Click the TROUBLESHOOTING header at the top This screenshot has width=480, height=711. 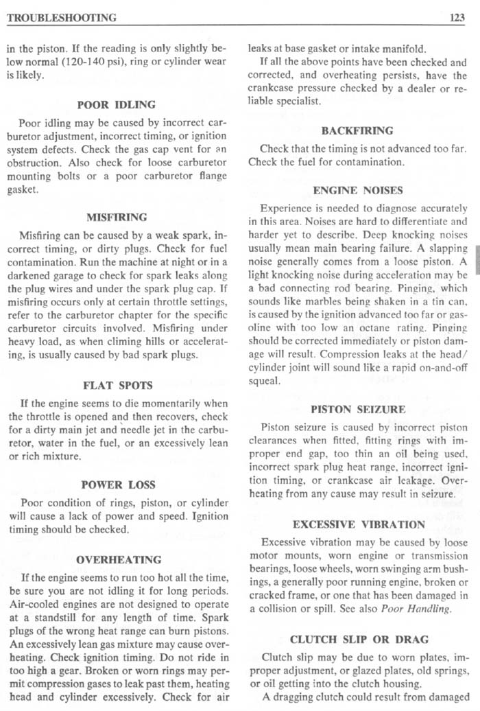[61, 18]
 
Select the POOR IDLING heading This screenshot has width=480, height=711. [117, 105]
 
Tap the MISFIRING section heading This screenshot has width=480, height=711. [117, 218]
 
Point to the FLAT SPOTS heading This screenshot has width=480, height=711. [117, 385]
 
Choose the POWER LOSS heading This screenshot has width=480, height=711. [117, 485]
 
